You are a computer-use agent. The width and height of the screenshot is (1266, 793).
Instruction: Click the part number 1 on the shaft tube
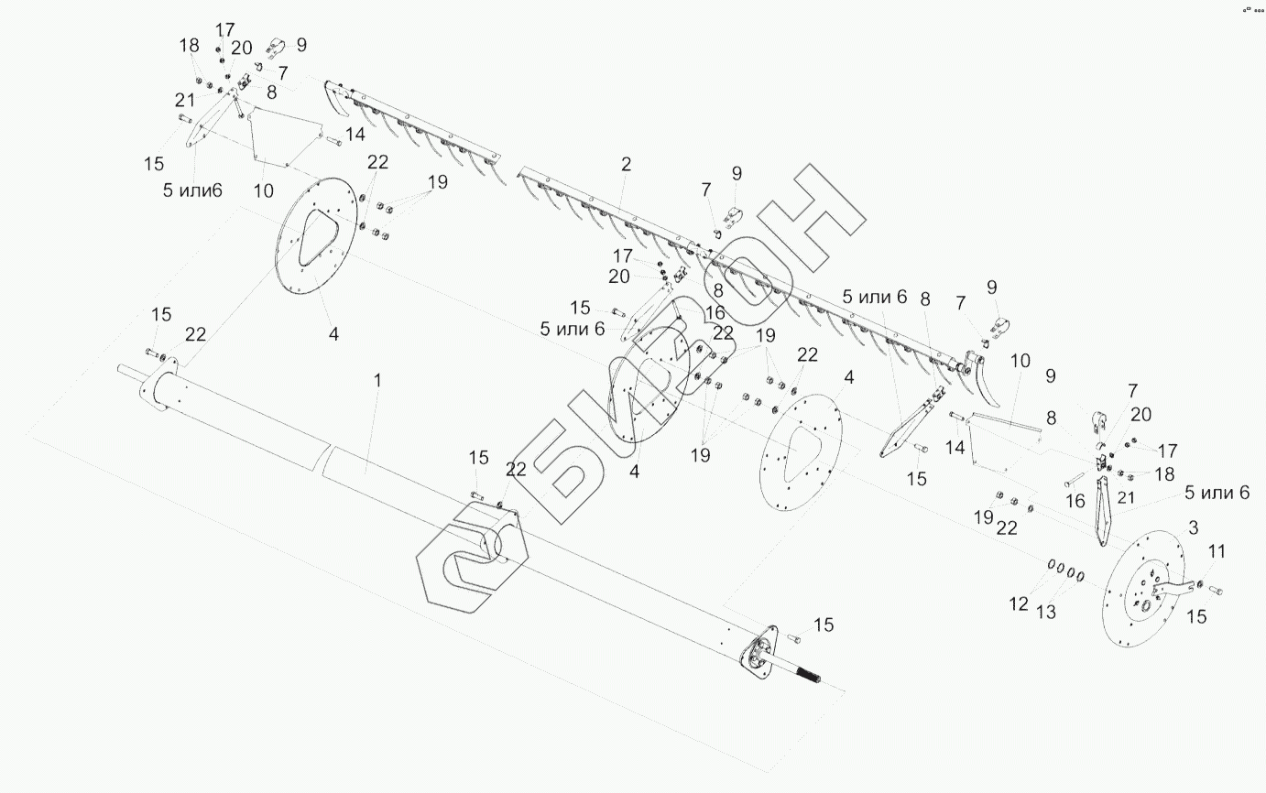point(377,381)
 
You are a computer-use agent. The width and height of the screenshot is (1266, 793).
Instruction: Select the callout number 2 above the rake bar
point(626,164)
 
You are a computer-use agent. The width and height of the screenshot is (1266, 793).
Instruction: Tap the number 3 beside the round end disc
point(1193,528)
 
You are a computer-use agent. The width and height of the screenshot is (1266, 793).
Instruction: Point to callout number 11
point(1217,551)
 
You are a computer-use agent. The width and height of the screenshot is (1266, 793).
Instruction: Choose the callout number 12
point(1019,604)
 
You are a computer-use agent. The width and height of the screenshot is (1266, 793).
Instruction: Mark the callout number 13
point(1046,612)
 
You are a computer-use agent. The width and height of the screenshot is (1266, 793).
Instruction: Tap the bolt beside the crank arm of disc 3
point(1216,591)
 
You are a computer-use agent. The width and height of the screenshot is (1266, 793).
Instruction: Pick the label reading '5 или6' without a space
point(192,190)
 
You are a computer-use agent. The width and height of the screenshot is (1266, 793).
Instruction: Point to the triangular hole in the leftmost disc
point(318,238)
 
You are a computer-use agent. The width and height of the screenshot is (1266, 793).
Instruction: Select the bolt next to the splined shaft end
point(793,638)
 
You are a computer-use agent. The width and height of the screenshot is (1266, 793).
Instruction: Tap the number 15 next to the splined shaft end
point(824,625)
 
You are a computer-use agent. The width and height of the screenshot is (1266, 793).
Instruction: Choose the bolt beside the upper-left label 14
point(334,140)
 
